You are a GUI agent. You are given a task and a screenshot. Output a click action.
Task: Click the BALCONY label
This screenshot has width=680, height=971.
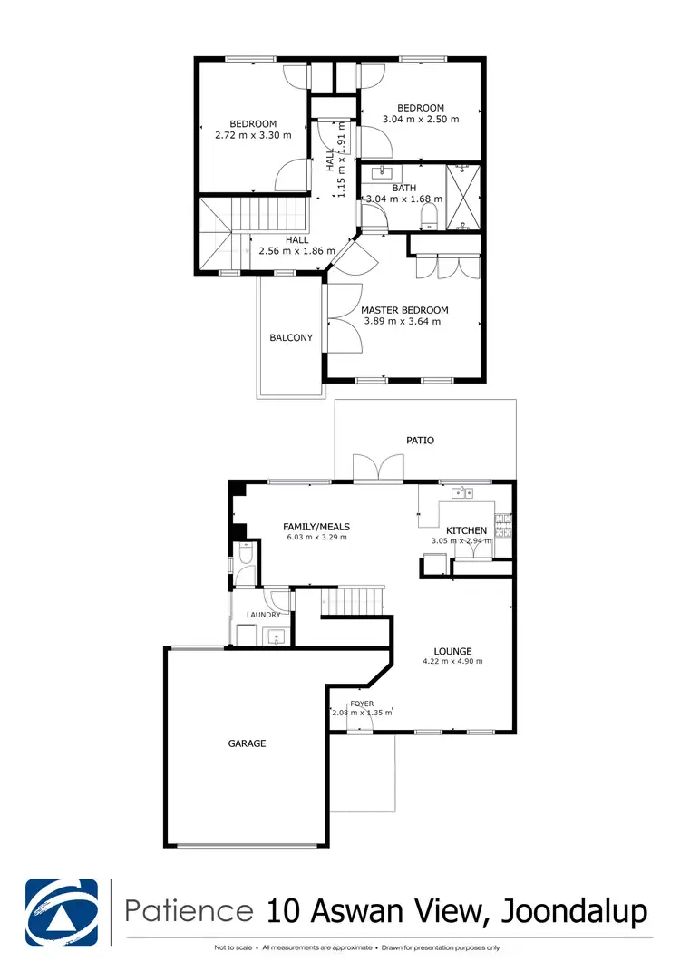click(x=291, y=338)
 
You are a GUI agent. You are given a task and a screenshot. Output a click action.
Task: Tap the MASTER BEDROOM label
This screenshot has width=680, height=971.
click(x=405, y=309)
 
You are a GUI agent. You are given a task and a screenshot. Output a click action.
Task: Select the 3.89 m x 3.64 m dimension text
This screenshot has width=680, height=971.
click(x=403, y=321)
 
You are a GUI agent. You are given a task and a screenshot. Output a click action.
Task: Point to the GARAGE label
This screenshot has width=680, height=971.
click(x=247, y=743)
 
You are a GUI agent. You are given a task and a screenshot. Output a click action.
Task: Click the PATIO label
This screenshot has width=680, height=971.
click(x=421, y=441)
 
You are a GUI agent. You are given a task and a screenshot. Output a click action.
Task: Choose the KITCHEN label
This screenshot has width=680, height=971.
click(x=466, y=530)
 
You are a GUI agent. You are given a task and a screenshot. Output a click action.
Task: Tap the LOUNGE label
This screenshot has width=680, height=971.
click(x=452, y=651)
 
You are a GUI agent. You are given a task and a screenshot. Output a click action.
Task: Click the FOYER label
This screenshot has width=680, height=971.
click(x=363, y=704)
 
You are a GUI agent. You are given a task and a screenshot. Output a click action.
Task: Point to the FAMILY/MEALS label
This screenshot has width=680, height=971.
click(x=316, y=527)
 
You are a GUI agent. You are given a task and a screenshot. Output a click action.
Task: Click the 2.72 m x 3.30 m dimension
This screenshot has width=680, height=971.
click(x=253, y=135)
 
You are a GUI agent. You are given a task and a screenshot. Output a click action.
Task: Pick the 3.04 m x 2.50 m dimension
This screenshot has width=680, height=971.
click(x=421, y=119)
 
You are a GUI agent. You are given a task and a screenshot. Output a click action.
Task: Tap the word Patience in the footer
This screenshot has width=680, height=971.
click(x=189, y=909)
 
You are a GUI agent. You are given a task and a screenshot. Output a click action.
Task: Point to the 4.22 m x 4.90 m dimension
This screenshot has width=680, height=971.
click(x=452, y=662)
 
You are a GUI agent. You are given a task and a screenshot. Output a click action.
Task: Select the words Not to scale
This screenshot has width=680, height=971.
click(x=232, y=948)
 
